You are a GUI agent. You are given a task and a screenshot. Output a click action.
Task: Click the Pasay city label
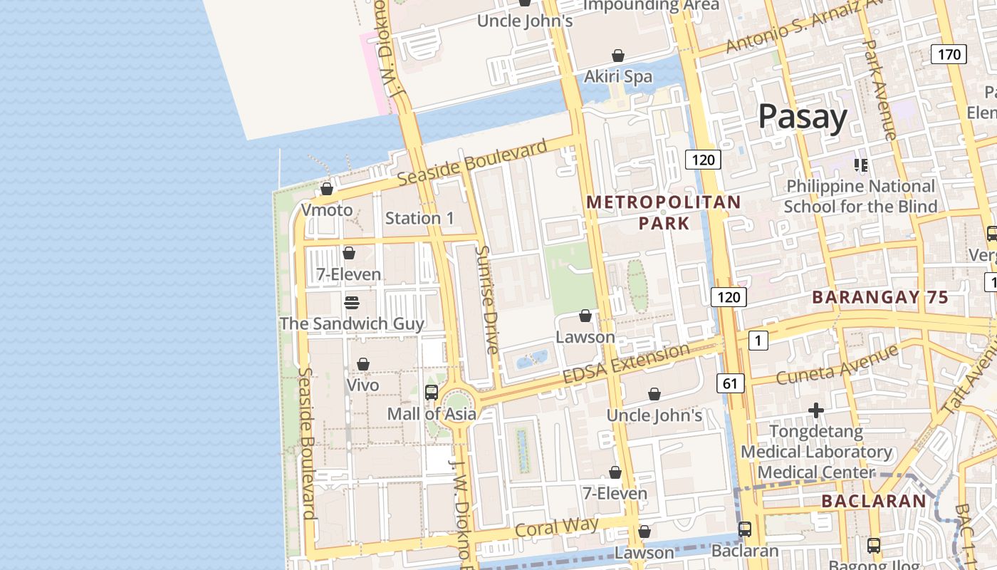click(803, 116)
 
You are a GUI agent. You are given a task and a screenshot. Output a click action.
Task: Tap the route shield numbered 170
click(949, 54)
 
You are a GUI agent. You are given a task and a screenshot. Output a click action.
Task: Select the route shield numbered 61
click(730, 384)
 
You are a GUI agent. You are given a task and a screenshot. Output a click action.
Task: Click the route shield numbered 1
click(758, 341)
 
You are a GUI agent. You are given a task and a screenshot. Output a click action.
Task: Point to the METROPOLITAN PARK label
click(664, 212)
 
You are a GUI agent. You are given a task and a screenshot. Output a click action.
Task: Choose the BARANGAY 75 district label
click(880, 297)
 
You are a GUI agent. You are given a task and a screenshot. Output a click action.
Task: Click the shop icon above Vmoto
click(327, 189)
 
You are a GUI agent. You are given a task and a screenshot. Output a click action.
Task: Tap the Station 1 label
click(419, 218)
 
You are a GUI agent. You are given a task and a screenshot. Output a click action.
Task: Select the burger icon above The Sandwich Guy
click(351, 303)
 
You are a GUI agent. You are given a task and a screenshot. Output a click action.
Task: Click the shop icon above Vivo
click(363, 364)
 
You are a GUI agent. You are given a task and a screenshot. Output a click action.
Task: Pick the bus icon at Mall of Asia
click(432, 392)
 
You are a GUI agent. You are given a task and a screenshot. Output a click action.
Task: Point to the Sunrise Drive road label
click(489, 300)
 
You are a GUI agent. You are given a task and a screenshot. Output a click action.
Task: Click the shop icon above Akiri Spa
click(618, 56)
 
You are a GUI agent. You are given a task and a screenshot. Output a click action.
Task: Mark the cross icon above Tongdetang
click(816, 410)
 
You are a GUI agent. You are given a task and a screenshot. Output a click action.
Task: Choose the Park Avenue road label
click(879, 89)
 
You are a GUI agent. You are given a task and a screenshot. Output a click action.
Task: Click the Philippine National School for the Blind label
click(860, 196)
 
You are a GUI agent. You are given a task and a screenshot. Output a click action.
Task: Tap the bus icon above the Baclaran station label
click(745, 529)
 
